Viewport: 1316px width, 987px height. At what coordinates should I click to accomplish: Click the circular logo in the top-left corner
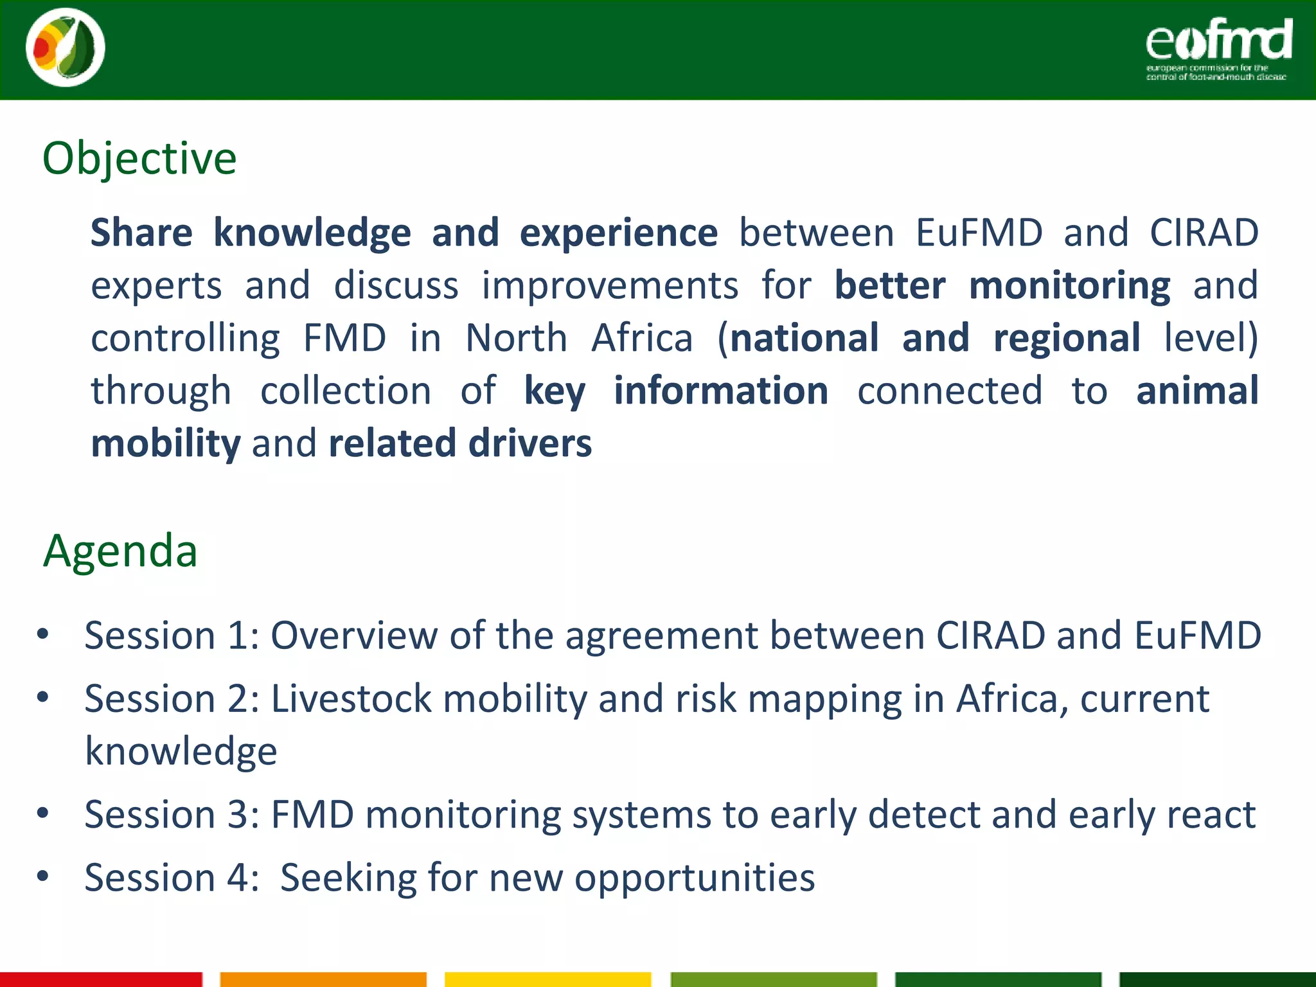click(66, 48)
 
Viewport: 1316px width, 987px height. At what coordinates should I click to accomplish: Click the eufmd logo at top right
click(1218, 48)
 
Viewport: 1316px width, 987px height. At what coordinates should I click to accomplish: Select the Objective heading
click(139, 158)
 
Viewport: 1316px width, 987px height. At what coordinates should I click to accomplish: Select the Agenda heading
click(120, 551)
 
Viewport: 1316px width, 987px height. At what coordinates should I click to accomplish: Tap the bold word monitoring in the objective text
click(1069, 285)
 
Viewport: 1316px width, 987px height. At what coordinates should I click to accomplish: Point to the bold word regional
click(1067, 339)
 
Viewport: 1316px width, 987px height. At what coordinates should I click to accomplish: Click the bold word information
click(721, 391)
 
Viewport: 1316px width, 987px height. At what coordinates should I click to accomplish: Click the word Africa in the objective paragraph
click(642, 338)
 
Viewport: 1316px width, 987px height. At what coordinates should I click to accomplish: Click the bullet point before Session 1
click(43, 635)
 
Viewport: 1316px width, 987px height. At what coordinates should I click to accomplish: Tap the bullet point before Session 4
click(43, 876)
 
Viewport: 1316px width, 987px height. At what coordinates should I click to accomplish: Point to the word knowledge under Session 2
click(181, 751)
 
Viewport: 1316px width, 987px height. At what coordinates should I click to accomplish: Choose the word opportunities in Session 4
click(694, 878)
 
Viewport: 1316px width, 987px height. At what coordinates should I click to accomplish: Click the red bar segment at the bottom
click(101, 979)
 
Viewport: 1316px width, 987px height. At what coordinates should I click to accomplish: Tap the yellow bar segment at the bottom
click(547, 979)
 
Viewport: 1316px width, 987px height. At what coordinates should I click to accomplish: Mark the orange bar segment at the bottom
click(323, 979)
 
